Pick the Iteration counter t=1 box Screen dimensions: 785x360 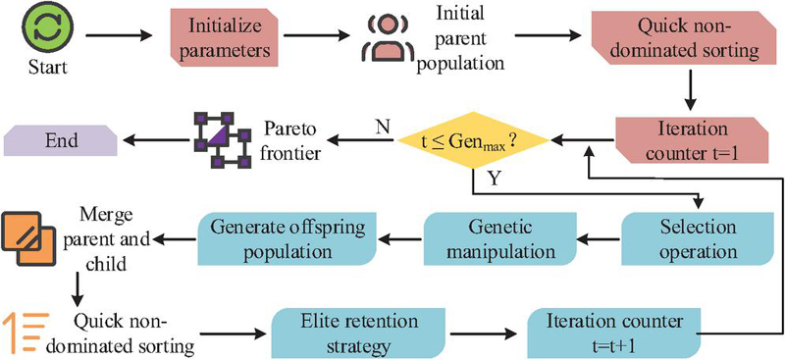692,139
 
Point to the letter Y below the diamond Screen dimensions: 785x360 494,180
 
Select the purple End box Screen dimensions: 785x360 61,140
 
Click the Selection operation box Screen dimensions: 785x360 698,238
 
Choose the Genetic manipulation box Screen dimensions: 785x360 500,238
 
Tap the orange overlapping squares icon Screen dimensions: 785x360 27,238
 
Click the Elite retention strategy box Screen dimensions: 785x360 360,333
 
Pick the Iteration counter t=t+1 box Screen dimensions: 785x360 615,333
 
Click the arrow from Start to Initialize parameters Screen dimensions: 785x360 119,35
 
